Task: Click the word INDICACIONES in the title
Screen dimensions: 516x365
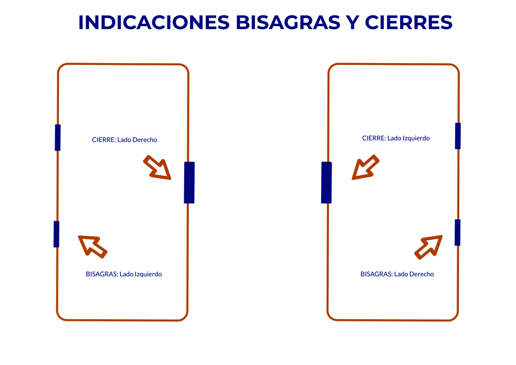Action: (154, 22)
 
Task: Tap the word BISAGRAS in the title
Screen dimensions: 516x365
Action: (288, 22)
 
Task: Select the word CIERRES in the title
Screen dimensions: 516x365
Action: (409, 22)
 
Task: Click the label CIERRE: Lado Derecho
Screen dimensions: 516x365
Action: (124, 140)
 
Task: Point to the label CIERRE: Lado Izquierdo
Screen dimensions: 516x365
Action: (396, 138)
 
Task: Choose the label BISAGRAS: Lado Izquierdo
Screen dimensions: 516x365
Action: (124, 274)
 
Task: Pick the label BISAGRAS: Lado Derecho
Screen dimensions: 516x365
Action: (397, 274)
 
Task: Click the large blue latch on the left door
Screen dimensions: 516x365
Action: (189, 182)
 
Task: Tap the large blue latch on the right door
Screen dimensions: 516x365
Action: (327, 182)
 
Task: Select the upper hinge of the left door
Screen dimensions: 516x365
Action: (57, 138)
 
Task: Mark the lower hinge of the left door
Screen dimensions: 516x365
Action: (56, 234)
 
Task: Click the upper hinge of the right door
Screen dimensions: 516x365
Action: (458, 136)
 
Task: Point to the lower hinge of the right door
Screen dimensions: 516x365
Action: (458, 232)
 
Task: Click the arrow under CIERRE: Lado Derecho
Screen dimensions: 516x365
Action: (158, 168)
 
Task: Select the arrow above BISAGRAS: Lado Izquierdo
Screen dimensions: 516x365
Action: (92, 246)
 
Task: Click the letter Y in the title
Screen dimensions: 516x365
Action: (352, 22)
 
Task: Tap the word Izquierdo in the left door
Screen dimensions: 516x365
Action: (149, 274)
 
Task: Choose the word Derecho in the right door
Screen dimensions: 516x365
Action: (422, 274)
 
